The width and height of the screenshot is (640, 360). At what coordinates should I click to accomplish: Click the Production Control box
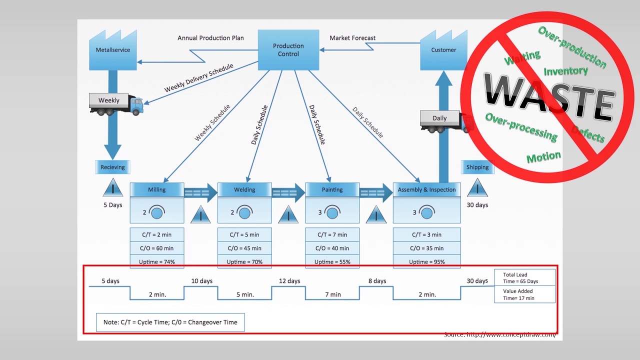(x=288, y=50)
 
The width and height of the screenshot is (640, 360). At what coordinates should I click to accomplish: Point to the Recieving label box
(x=112, y=167)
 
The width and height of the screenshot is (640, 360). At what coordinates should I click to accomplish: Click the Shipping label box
(x=477, y=167)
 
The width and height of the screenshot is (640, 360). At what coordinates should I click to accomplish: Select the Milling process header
(x=157, y=189)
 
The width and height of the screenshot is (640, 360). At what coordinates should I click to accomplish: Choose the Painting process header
(x=332, y=189)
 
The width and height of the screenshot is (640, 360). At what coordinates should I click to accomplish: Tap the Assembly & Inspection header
(x=426, y=189)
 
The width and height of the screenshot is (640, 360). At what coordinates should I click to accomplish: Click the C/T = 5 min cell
(x=244, y=234)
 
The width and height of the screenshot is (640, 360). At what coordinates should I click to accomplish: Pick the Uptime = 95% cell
(x=426, y=261)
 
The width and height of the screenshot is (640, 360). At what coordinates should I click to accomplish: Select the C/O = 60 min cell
(x=157, y=248)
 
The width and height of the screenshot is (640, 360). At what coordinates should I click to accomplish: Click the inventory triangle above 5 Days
(x=112, y=188)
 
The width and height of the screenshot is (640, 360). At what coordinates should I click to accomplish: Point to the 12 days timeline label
(x=289, y=281)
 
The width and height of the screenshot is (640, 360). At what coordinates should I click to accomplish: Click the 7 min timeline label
(x=332, y=294)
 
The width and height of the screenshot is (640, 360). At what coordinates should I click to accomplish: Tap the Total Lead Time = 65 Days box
(x=524, y=278)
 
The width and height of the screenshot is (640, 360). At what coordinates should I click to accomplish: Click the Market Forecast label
(x=352, y=38)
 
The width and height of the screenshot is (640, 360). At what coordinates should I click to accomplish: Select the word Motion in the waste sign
(x=543, y=157)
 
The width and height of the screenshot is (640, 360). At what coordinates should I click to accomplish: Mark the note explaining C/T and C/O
(x=170, y=322)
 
